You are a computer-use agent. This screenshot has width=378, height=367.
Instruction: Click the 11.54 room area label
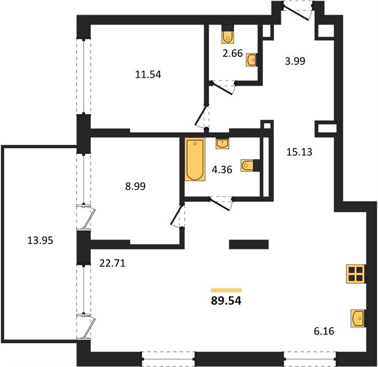[148, 75]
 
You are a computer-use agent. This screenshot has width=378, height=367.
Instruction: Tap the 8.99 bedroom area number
[135, 187]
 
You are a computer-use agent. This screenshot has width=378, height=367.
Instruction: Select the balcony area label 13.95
[40, 240]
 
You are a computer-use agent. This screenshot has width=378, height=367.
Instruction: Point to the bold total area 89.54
[226, 301]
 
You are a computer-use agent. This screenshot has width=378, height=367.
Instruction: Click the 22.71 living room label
[113, 263]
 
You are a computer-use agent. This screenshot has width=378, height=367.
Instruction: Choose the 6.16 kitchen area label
[324, 331]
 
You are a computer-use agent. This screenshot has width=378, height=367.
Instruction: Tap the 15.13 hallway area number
[299, 152]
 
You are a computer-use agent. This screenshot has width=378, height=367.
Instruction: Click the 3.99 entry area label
[295, 61]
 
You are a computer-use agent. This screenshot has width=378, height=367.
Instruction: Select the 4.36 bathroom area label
[222, 169]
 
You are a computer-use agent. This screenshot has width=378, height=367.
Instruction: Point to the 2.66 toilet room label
[232, 53]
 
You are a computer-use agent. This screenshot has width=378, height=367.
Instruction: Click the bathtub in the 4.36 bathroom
[195, 159]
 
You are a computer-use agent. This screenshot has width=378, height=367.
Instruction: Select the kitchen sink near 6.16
[358, 318]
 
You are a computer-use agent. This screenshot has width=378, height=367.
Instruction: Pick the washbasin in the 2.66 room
[251, 60]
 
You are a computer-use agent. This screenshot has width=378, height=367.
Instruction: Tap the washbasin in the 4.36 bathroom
[222, 144]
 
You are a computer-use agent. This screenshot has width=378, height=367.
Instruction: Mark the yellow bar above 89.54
[226, 290]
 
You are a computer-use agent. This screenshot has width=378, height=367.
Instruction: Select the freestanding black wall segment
[249, 244]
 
